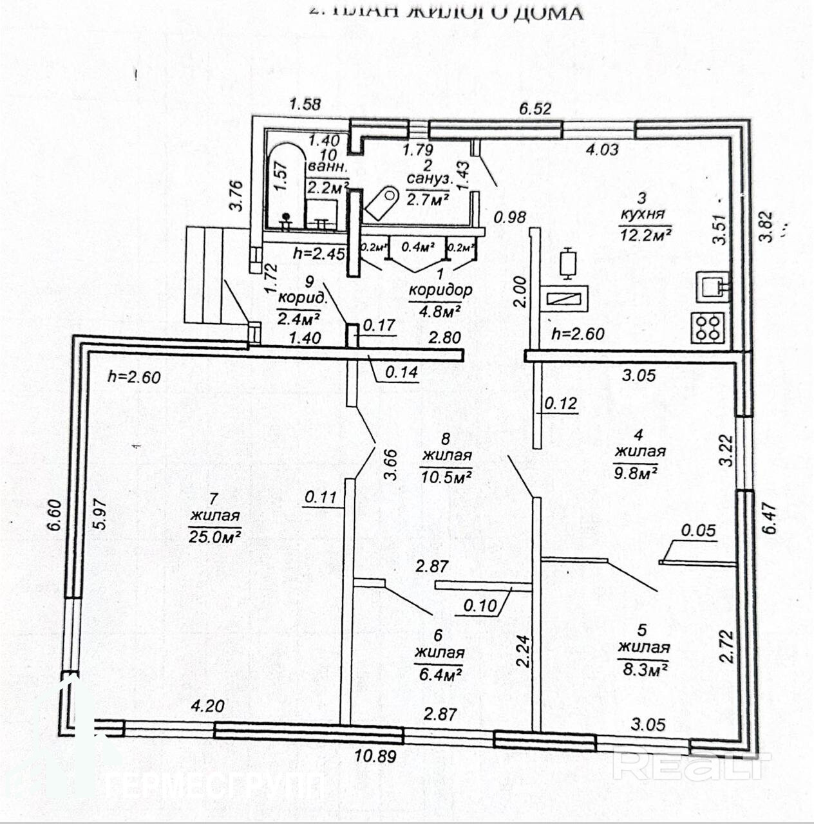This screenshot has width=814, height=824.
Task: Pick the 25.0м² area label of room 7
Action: coord(215,536)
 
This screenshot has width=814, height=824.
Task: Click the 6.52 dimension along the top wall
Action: coord(535,108)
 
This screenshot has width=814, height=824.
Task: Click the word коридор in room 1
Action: coord(440,290)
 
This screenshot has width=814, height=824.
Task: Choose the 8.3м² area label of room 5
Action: coord(643,669)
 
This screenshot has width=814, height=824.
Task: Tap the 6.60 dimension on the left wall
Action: coord(55,515)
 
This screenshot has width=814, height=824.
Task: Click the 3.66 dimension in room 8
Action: coord(390,465)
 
